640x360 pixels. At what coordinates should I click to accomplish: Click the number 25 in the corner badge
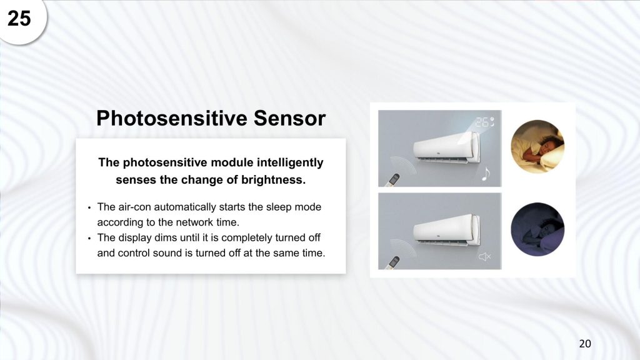tap(19, 18)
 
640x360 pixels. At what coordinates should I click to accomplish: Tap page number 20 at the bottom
tap(585, 344)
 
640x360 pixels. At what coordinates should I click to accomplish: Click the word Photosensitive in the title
tap(172, 118)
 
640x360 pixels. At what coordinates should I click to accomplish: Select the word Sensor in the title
tap(289, 118)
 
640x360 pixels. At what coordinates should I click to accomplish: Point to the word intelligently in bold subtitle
tap(290, 162)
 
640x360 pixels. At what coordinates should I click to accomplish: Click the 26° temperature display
tap(484, 122)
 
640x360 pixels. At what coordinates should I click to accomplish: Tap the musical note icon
tap(485, 174)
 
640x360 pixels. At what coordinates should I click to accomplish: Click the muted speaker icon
tap(484, 257)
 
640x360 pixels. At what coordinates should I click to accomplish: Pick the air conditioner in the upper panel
tap(446, 147)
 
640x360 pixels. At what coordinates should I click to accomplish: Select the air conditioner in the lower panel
tap(446, 230)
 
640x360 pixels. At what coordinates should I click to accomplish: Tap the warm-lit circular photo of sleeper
tap(537, 146)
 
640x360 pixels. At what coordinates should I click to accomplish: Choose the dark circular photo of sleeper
tap(537, 229)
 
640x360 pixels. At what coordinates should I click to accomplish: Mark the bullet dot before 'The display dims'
tap(89, 238)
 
